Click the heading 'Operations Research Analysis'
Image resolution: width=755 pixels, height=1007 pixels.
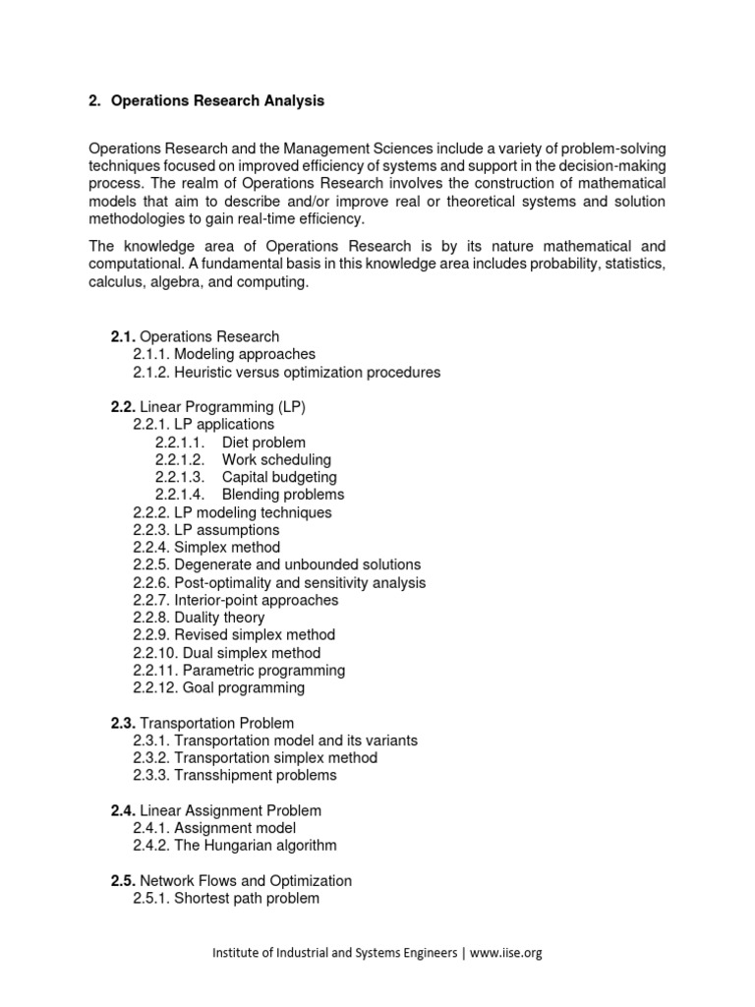[x=217, y=101]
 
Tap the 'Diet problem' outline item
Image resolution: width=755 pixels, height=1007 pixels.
[x=263, y=443]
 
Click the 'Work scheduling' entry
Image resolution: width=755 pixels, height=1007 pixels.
[x=276, y=460]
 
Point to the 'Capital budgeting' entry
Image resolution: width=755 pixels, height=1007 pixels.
[x=279, y=478]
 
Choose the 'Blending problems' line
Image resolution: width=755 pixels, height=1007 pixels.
[x=283, y=495]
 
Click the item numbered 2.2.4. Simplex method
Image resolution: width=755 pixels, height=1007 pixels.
[x=206, y=548]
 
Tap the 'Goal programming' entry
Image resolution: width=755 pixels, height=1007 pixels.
[x=218, y=688]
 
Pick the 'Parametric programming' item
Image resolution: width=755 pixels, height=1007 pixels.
[x=239, y=671]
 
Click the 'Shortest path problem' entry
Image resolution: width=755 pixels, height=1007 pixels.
[x=226, y=899]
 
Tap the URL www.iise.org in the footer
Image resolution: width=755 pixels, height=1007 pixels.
[x=506, y=953]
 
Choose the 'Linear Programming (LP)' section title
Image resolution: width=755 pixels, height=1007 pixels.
[x=215, y=407]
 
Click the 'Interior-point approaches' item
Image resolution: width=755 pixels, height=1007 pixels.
[x=235, y=601]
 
